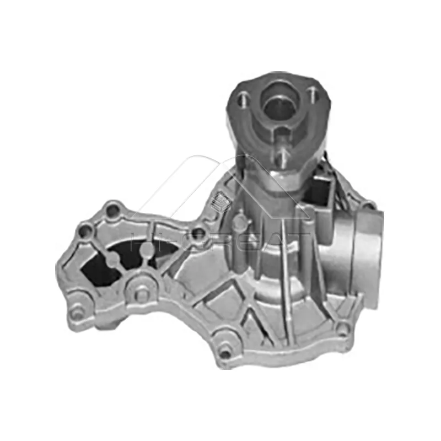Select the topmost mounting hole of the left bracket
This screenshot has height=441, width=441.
(112, 210)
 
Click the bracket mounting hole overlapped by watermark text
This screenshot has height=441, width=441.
(197, 235)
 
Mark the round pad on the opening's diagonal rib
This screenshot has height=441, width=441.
(112, 258)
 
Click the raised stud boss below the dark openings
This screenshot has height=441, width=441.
(141, 294)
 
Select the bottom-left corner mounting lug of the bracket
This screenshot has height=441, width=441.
(78, 313)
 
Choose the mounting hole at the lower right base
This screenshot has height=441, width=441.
(343, 329)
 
